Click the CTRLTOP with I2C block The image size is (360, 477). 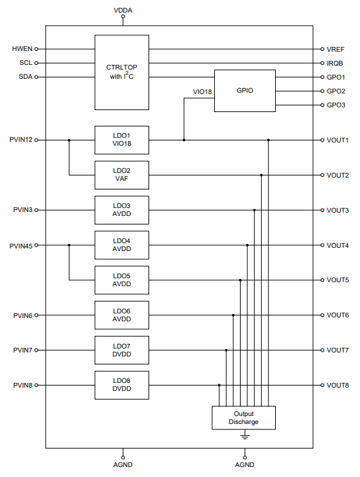click(x=122, y=72)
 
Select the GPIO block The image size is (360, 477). click(x=245, y=91)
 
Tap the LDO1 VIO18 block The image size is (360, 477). click(x=122, y=140)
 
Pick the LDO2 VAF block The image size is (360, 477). click(x=122, y=175)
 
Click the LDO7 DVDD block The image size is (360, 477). click(x=122, y=350)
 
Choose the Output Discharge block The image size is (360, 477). click(x=244, y=417)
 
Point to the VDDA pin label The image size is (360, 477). click(x=123, y=11)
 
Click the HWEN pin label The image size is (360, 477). click(x=23, y=48)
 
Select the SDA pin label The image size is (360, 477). click(x=26, y=77)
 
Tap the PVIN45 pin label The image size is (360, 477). click(x=21, y=246)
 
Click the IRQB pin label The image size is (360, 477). click(x=335, y=64)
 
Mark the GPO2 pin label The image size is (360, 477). click(x=336, y=91)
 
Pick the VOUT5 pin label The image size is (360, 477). click(x=337, y=280)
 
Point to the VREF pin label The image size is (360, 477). click(x=335, y=49)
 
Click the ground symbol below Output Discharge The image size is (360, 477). click(x=245, y=435)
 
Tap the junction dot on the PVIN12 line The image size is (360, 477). click(x=69, y=140)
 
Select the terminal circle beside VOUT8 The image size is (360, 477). click(x=322, y=385)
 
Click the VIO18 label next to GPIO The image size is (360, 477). click(x=202, y=92)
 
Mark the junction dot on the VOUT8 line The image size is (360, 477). click(x=219, y=385)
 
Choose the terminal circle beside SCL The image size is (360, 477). click(x=36, y=63)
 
